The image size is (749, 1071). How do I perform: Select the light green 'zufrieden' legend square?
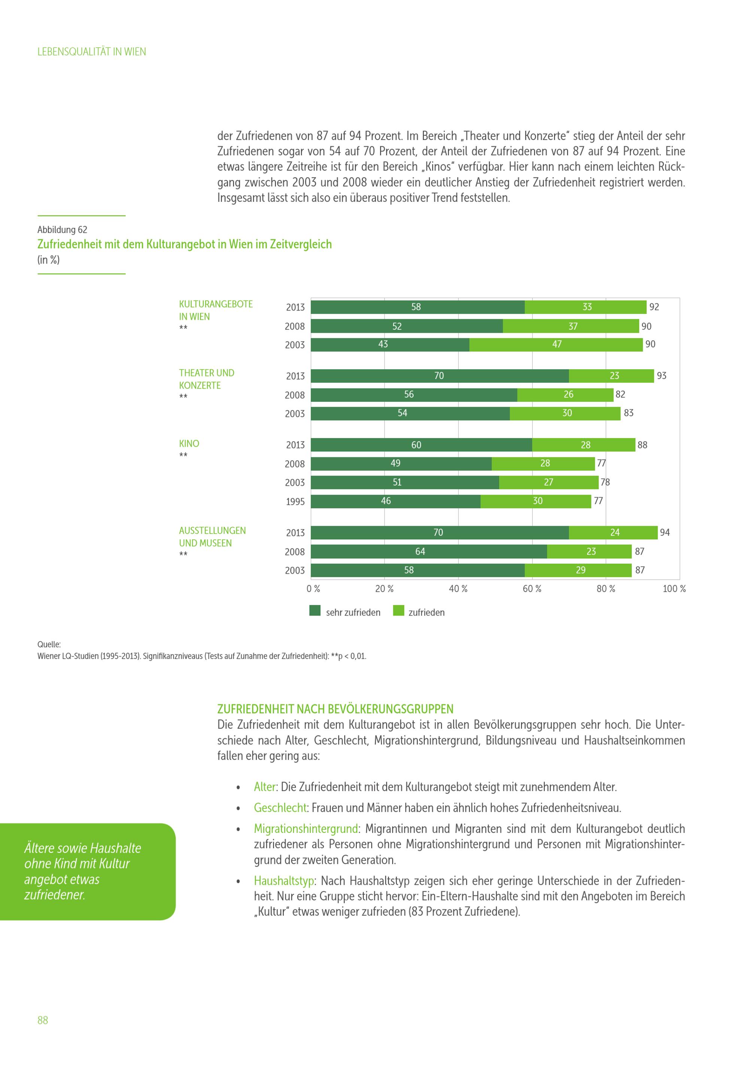tap(398, 611)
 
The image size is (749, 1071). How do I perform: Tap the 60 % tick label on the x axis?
tap(532, 589)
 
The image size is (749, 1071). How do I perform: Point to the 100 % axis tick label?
tap(674, 589)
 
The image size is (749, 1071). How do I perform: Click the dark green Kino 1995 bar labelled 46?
tap(395, 501)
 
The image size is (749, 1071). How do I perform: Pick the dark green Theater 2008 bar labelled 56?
tap(414, 395)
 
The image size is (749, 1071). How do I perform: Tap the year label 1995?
tap(295, 501)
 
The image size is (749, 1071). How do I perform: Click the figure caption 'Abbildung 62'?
tap(62, 230)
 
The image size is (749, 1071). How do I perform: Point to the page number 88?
tap(42, 1020)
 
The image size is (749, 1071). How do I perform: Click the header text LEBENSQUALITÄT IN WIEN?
tap(91, 52)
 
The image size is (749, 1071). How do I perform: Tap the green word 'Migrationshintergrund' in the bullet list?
tap(306, 828)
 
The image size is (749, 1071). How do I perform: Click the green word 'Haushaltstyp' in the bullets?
tap(284, 881)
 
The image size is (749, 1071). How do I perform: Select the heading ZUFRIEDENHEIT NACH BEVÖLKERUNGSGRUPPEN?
tap(335, 709)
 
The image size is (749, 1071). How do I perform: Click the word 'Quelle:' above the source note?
tap(49, 644)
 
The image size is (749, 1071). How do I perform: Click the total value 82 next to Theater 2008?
tap(620, 394)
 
